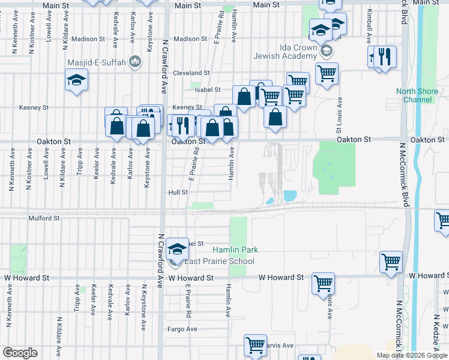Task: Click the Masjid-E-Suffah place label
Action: [x=100, y=61]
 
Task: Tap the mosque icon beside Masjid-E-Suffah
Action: [x=135, y=61]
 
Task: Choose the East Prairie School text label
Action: [x=219, y=261]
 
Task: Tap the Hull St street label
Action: [x=178, y=193]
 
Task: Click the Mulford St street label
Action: [x=41, y=219]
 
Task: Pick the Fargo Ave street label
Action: [x=182, y=329]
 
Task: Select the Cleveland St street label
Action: [x=191, y=73]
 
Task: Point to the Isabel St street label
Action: [x=208, y=90]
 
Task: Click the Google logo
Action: [x=20, y=353]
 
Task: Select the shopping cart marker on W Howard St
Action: [x=324, y=282]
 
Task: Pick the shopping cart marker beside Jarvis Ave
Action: [x=255, y=344]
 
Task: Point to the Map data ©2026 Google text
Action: [x=412, y=355]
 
